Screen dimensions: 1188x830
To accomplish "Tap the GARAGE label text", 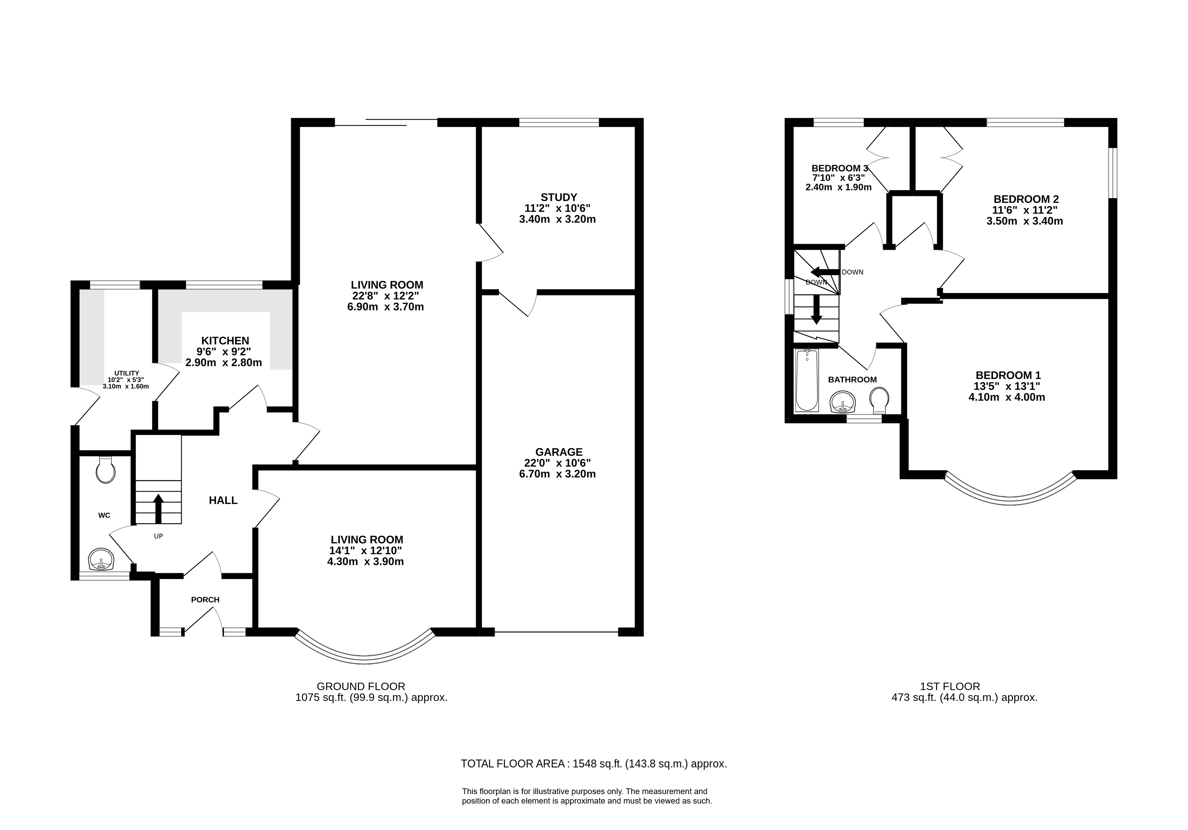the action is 558,452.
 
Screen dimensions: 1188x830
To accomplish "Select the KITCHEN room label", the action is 225,340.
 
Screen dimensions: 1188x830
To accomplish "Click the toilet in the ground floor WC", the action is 106,469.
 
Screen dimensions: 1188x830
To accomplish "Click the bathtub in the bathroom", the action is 807,380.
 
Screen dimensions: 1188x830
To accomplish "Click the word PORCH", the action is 205,600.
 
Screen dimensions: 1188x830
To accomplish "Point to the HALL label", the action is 223,500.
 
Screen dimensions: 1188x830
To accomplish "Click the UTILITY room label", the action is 127,373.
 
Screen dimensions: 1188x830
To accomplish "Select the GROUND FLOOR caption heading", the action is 361,687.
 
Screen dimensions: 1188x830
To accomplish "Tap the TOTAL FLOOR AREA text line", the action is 594,764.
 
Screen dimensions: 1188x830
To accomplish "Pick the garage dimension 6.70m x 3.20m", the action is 557,474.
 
